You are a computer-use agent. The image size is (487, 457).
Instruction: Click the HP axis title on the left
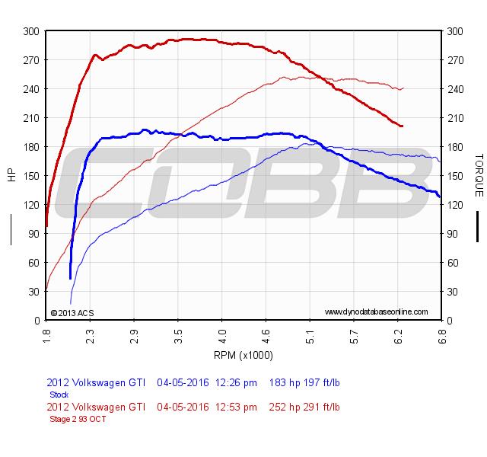11,175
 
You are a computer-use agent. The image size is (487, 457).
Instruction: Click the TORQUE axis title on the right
479,175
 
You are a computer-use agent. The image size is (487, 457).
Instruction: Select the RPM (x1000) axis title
243,356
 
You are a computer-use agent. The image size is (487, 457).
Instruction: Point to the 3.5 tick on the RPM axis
178,332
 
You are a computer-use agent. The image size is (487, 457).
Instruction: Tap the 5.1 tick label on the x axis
310,332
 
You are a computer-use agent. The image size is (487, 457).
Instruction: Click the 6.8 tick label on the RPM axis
441,332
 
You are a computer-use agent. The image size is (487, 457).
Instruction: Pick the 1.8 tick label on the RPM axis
46,332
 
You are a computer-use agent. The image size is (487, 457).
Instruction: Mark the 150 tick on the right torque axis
455,175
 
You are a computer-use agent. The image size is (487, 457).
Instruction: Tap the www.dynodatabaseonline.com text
376,312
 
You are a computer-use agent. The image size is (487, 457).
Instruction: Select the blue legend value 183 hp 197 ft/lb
304,383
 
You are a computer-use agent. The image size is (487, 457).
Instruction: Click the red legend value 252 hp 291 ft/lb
304,407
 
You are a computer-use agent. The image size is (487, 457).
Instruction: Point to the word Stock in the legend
59,395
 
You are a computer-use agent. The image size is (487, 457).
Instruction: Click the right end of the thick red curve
402,126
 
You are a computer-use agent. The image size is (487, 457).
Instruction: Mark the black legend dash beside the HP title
11,228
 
